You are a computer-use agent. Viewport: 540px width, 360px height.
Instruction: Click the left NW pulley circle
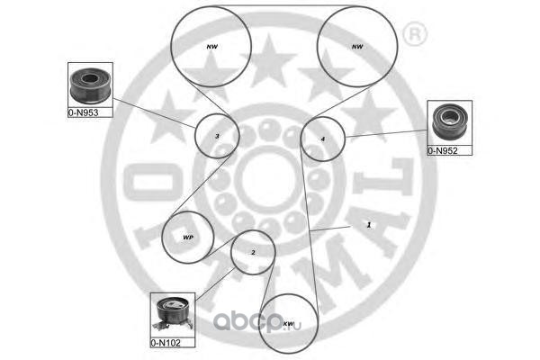[x=213, y=47]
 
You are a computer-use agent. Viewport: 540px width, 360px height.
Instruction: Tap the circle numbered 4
[x=322, y=139]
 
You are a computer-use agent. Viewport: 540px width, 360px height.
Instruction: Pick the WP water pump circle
[x=188, y=238]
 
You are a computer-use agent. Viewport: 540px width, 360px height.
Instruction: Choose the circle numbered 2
[x=253, y=253]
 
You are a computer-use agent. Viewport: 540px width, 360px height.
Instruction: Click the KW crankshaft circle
[x=289, y=324]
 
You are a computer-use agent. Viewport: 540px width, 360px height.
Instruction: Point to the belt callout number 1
[x=368, y=224]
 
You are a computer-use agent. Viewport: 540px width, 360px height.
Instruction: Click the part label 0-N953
[x=83, y=113]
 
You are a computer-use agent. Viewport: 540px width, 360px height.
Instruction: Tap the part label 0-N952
[x=444, y=151]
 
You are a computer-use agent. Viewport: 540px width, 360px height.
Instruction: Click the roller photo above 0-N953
[x=90, y=85]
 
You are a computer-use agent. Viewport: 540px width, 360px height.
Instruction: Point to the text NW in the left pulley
[x=213, y=47]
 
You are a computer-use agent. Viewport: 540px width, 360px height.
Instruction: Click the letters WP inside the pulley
[x=188, y=238]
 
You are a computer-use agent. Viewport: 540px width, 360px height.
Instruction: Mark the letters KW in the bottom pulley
[x=289, y=324]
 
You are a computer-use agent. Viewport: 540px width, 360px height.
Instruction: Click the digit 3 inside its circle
[x=217, y=137]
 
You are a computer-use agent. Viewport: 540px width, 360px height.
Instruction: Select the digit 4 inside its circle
[x=322, y=139]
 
